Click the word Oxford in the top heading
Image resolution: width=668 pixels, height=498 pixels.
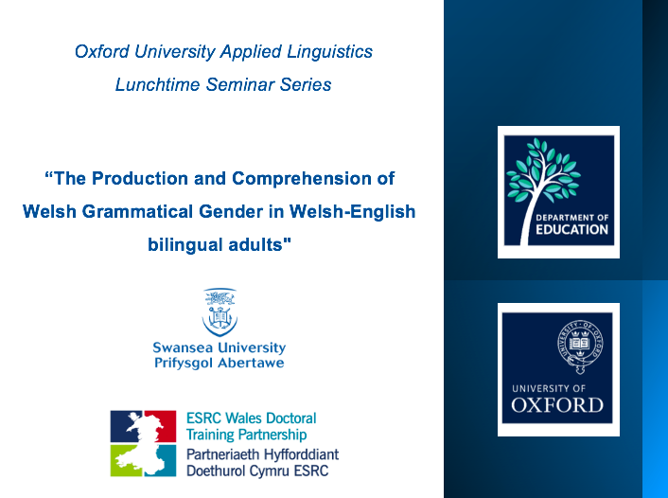101,51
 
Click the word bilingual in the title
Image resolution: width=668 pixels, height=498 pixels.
183,244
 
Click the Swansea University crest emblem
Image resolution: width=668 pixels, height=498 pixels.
220,311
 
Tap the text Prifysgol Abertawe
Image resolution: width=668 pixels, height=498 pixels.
219,363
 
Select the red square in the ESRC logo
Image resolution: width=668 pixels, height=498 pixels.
143,426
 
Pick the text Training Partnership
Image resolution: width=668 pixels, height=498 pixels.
246,435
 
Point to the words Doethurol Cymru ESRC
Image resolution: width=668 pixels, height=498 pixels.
257,471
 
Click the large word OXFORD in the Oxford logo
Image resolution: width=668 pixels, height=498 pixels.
557,405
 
